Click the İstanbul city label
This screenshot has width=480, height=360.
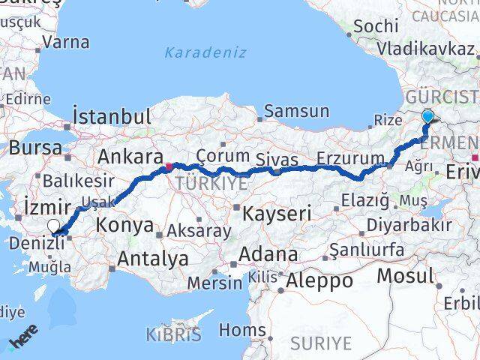[x=112, y=117]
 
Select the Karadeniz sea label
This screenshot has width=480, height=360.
[x=198, y=52]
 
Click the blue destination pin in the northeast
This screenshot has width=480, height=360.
[x=427, y=117]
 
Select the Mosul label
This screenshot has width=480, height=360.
[x=405, y=276]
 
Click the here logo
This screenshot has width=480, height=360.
[x=24, y=341]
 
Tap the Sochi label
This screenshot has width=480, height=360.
[x=375, y=26]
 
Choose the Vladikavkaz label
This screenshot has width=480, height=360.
[x=425, y=49]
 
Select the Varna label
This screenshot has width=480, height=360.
[x=66, y=42]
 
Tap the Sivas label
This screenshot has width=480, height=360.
[x=277, y=160]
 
